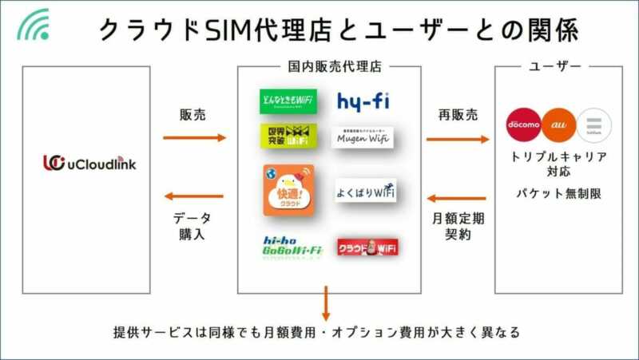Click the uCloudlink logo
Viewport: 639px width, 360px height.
tap(89, 164)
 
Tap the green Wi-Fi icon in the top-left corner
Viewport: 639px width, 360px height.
tap(34, 24)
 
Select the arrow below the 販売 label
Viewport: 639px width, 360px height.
tap(194, 138)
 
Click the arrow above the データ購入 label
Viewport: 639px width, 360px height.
tap(194, 196)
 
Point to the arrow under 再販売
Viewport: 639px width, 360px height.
tap(458, 139)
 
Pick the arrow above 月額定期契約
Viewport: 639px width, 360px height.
tap(458, 197)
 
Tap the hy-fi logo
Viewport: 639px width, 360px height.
tap(363, 101)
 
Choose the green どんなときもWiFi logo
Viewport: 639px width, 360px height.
tap(288, 101)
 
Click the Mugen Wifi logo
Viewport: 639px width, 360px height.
tap(363, 136)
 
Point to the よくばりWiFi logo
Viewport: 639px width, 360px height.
tap(365, 191)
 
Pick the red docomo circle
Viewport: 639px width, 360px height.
tap(524, 125)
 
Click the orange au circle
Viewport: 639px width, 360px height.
tap(559, 125)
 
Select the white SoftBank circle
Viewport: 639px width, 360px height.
tap(593, 125)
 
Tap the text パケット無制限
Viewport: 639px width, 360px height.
tap(558, 194)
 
